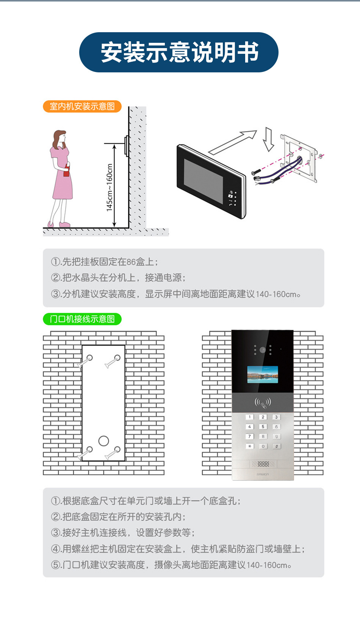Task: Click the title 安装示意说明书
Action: [179, 52]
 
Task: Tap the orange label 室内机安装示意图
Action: [82, 106]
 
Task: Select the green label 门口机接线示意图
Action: [82, 319]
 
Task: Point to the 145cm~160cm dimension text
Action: [110, 188]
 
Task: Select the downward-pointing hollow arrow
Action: [268, 139]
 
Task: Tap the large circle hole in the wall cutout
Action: [103, 441]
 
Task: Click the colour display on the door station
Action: [263, 374]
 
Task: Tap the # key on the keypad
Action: [276, 446]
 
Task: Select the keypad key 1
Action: [249, 417]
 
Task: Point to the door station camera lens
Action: [263, 350]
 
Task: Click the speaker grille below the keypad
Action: [263, 464]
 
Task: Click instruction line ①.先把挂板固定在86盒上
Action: [105, 262]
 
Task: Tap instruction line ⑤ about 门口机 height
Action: [171, 565]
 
